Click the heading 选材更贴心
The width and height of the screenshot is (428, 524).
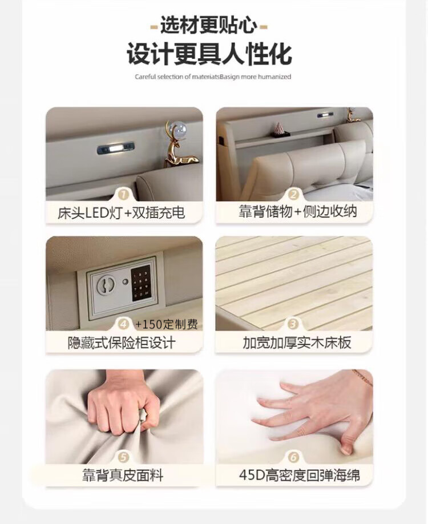(209, 25)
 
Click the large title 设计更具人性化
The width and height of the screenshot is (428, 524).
(209, 54)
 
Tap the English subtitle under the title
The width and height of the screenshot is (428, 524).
(213, 76)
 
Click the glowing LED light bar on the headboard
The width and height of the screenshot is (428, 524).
(116, 148)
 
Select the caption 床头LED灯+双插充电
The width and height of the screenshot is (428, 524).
(121, 212)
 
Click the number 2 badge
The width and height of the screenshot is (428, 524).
(293, 195)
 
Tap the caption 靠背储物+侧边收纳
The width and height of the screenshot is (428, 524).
(298, 211)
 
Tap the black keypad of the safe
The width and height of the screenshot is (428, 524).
(141, 283)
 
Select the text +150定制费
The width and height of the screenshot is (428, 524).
(167, 324)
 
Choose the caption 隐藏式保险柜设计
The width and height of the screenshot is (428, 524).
(122, 343)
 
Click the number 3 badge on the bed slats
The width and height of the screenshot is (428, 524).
(293, 324)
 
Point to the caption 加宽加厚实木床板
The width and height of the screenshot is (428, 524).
(297, 343)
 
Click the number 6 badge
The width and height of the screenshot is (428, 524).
(293, 457)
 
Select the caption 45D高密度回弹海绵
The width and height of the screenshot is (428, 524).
(300, 475)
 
